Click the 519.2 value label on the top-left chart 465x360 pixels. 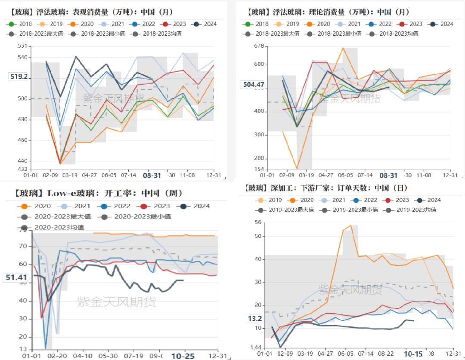pos(19,77)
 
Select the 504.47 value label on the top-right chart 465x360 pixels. pos(254,84)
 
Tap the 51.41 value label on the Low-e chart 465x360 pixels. pos(16,278)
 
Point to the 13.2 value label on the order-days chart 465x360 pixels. pos(254,319)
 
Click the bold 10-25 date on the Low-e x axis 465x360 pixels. pos(183,356)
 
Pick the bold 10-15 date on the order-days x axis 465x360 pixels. pos(413,354)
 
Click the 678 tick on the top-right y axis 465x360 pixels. pos(258,46)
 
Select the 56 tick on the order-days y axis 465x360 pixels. pos(258,222)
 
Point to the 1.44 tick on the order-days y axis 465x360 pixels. pos(256,348)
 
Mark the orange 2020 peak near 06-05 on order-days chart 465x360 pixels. pos(350,225)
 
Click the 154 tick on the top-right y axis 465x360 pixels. pos(258,169)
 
